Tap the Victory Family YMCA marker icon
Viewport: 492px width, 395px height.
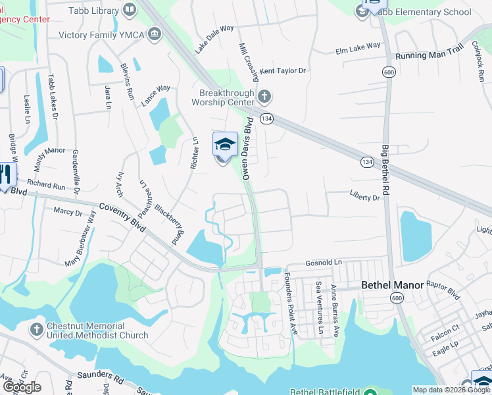pyautogui.click(x=155, y=34)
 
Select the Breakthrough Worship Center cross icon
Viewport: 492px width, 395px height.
pyautogui.click(x=264, y=97)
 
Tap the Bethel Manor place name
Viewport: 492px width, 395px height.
pyautogui.click(x=391, y=286)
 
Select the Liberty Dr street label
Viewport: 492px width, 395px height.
pyautogui.click(x=365, y=197)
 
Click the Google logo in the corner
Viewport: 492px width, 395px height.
pyautogui.click(x=22, y=387)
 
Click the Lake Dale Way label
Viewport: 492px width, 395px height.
pyautogui.click(x=214, y=39)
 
